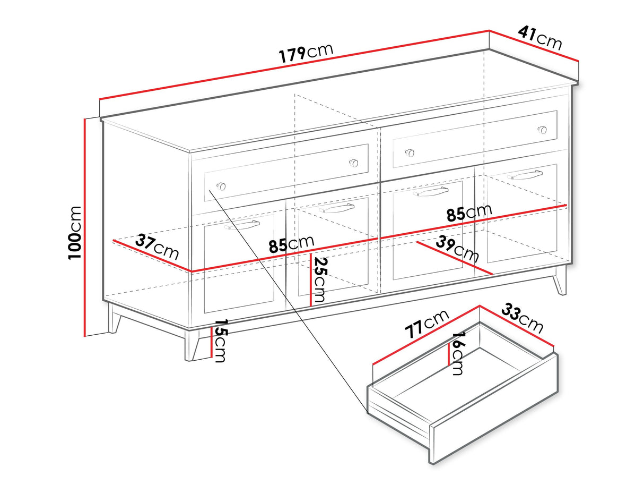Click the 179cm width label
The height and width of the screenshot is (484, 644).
(307, 52)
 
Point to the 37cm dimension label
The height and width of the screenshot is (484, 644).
(157, 247)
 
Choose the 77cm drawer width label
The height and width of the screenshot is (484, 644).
(427, 324)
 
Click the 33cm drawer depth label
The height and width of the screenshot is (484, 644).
(523, 319)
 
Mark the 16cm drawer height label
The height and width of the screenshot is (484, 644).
(458, 353)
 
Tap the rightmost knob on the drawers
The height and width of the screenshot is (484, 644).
(542, 129)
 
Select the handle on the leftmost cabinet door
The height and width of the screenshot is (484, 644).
(241, 225)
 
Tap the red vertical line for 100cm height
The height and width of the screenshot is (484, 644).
(84, 227)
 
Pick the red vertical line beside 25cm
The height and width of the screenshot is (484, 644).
(310, 279)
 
